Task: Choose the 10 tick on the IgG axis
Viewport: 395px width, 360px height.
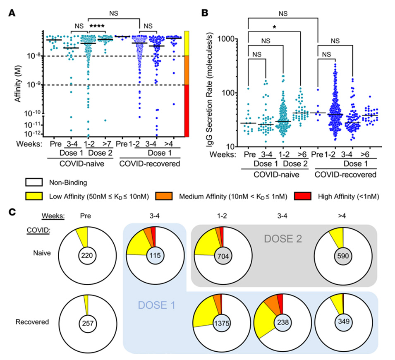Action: point(237,146)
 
